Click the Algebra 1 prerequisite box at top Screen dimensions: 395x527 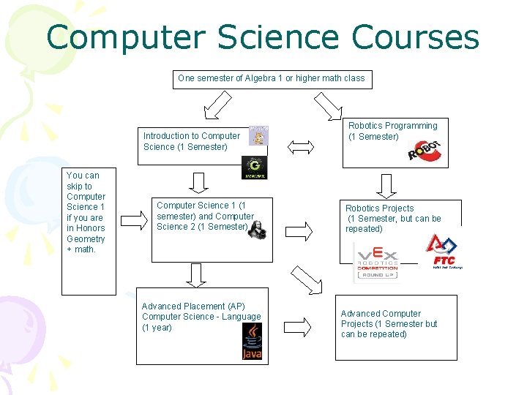[x=272, y=78]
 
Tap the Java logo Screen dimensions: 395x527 [x=252, y=342]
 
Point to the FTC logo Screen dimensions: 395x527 [x=442, y=253]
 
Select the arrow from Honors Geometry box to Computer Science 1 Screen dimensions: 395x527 [x=134, y=218]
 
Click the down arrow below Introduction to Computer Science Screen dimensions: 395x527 [x=198, y=181]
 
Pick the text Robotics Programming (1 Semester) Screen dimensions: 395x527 [x=392, y=131]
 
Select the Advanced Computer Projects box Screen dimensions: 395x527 [x=395, y=328]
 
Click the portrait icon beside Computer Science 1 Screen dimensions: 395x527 [x=256, y=227]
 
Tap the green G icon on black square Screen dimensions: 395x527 [x=255, y=168]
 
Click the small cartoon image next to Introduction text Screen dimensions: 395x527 [x=258, y=135]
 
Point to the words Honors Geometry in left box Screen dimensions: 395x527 [x=86, y=233]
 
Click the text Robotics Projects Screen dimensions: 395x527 [x=379, y=208]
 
